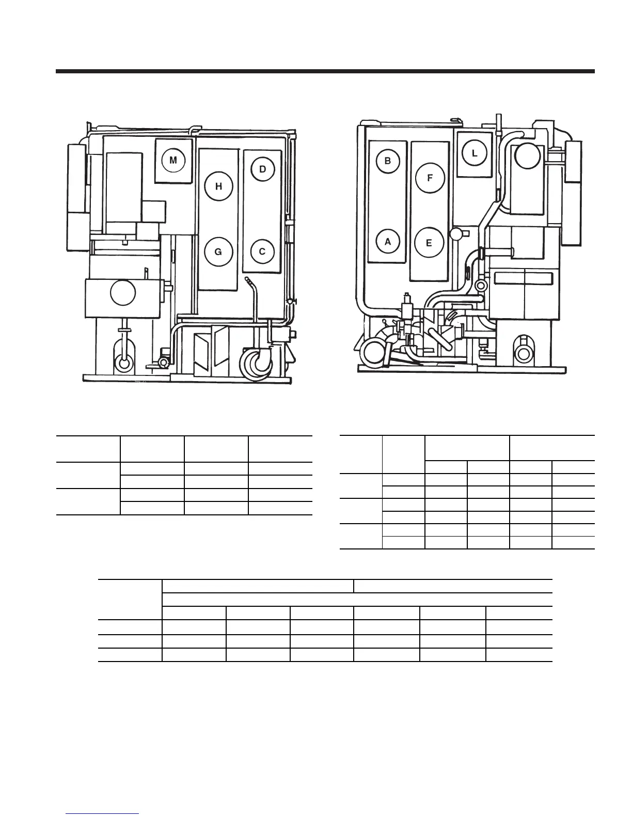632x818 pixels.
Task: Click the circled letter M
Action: pyautogui.click(x=173, y=160)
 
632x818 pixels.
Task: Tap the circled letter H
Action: pyautogui.click(x=218, y=186)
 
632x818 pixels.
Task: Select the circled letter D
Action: pyautogui.click(x=263, y=169)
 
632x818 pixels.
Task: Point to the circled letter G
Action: pyautogui.click(x=218, y=252)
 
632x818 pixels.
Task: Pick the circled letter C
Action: pyautogui.click(x=262, y=251)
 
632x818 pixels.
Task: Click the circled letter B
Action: pyautogui.click(x=388, y=161)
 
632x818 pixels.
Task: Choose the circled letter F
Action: pyautogui.click(x=430, y=178)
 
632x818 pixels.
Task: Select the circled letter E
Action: pyautogui.click(x=429, y=243)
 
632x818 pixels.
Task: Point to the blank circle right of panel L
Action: pyautogui.click(x=527, y=155)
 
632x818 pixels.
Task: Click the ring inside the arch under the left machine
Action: pyautogui.click(x=123, y=363)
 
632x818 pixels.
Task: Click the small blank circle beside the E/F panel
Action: pyautogui.click(x=456, y=233)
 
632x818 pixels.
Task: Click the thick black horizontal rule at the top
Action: pyautogui.click(x=325, y=71)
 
